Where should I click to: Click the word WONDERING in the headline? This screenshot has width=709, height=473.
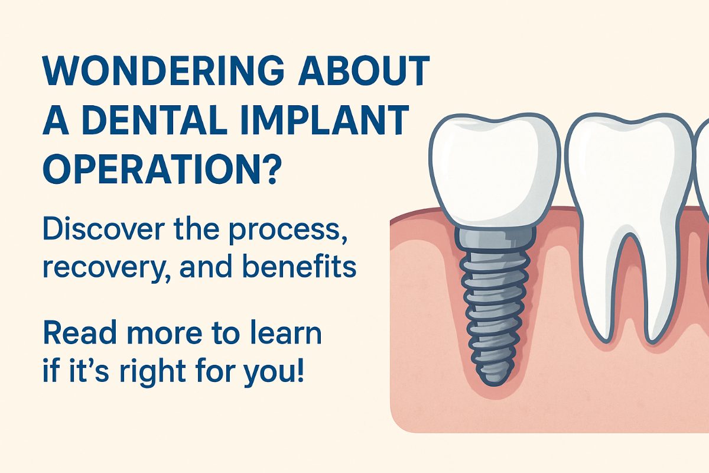coord(164,70)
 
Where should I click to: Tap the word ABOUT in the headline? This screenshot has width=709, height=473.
coord(364,70)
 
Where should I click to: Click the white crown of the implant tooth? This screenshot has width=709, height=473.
coord(495,170)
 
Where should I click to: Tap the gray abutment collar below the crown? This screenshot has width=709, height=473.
coord(495,239)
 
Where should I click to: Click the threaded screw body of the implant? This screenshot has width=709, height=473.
coord(495,317)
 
